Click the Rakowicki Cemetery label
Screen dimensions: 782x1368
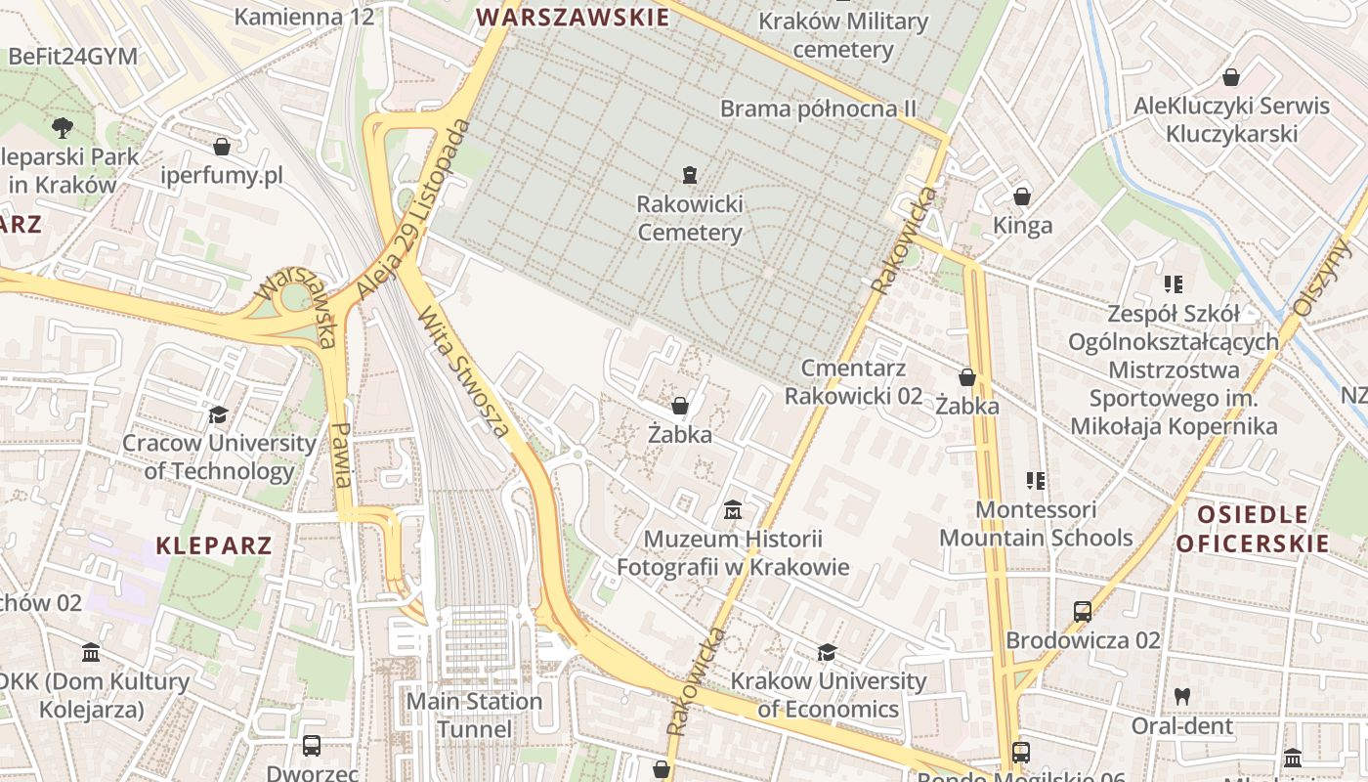pos(690,218)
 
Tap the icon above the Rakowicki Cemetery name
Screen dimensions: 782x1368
pos(690,175)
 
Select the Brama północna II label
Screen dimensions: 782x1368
pos(819,109)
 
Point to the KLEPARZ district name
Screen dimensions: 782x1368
pos(213,545)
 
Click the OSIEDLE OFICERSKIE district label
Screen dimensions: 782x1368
pos(1253,529)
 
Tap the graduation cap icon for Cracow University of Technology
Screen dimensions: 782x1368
pos(218,415)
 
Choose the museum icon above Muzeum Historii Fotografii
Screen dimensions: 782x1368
pos(733,509)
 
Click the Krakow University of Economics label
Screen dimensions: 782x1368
pos(829,694)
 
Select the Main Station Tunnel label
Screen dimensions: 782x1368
pos(474,715)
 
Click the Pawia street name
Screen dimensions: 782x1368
pos(342,455)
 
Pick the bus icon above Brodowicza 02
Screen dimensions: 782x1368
pos(1083,612)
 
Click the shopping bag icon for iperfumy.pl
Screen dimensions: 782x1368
pos(222,147)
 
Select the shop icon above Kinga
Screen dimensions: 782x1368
pos(1022,196)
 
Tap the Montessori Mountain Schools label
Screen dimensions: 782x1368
pos(1036,523)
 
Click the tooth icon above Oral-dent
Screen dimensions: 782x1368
pos(1181,697)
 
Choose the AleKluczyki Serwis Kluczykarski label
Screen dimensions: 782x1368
pos(1231,119)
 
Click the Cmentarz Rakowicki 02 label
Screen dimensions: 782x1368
pos(853,381)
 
